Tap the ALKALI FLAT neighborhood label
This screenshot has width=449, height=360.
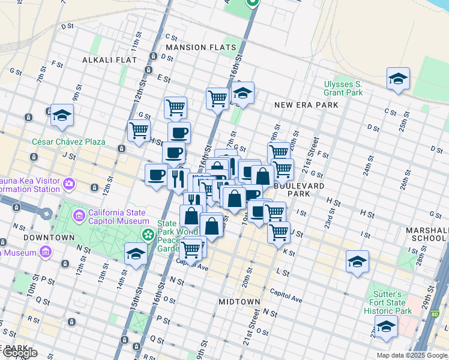click(109, 60)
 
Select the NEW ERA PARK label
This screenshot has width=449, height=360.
click(306, 105)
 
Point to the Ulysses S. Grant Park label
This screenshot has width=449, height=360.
click(343, 88)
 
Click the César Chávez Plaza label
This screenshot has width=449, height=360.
click(68, 142)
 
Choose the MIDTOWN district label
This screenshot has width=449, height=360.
click(239, 301)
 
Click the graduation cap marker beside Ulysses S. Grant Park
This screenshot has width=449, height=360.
click(398, 79)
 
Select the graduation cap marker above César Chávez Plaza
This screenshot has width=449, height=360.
click(62, 114)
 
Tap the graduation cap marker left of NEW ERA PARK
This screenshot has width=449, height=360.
click(243, 93)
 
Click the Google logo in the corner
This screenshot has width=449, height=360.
click(19, 353)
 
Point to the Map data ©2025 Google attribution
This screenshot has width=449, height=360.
click(411, 355)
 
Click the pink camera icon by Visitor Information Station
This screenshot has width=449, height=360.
click(69, 182)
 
